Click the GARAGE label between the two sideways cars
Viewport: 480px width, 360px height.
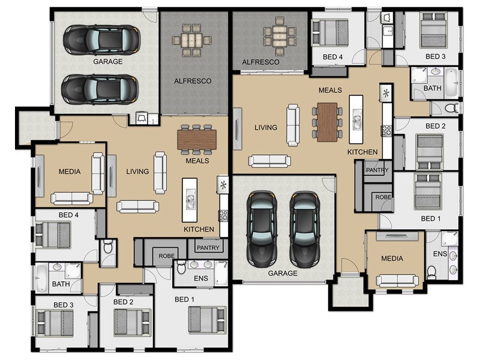click(108, 62)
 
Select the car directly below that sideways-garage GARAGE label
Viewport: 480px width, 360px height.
click(100, 89)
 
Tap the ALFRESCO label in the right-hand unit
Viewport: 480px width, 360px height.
click(260, 62)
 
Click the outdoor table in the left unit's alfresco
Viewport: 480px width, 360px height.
click(192, 40)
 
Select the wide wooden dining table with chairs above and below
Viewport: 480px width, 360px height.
click(197, 140)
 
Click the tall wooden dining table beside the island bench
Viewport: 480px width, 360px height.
click(327, 122)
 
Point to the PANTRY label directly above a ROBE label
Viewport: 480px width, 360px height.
click(377, 170)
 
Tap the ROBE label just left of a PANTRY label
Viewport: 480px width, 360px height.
click(167, 256)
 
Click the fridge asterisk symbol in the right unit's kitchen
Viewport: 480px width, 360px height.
click(386, 92)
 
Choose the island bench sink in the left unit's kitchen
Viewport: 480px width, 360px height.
click(190, 200)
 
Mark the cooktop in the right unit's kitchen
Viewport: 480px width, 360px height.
click(386, 131)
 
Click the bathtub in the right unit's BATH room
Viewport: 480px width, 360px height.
click(451, 83)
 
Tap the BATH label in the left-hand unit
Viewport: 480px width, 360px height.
click(61, 284)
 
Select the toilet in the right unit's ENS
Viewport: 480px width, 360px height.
click(431, 272)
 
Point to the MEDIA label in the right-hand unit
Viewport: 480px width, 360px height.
click(392, 259)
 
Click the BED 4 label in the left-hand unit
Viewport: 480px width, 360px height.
click(68, 215)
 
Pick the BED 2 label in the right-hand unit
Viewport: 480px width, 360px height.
click(436, 126)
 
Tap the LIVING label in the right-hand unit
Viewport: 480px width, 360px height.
click(266, 127)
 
